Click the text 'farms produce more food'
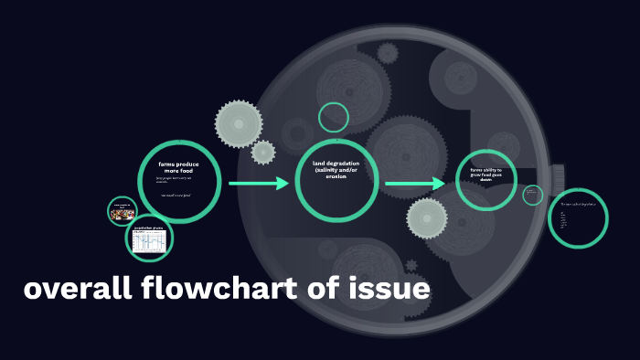coord(178,166)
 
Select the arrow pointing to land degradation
coord(259,184)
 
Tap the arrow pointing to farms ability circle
coord(414,184)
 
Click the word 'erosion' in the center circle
coord(336,176)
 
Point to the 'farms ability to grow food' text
coord(486,174)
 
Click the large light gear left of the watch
coord(239,122)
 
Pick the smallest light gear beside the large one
coord(263,152)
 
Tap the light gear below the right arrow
coord(427,218)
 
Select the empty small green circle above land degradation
coord(334,117)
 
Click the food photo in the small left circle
coord(122,214)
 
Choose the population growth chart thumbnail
coord(149,239)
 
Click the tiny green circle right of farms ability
coord(532,195)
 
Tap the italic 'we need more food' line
coord(176,195)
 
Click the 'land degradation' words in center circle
coord(336,163)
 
